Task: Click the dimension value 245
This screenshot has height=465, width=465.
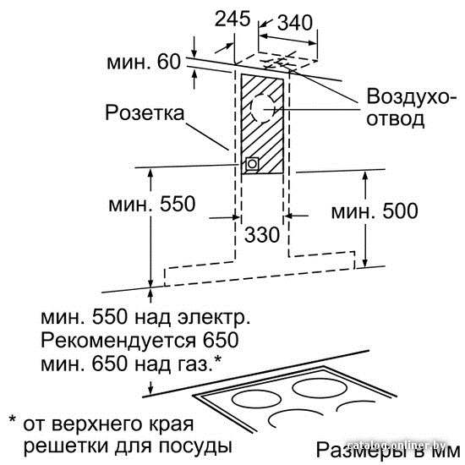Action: point(232,19)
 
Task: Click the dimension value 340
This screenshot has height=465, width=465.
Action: point(295,22)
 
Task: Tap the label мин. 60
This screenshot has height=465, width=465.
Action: point(144,62)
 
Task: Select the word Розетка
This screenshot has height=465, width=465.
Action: point(145,113)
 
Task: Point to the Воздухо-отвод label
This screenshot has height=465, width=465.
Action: point(408,107)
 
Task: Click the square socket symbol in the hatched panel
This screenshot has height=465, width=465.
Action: point(252,163)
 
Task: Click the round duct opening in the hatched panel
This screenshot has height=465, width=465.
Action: point(262,109)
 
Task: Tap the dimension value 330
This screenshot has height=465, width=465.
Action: point(262,234)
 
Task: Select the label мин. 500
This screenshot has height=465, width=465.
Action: point(375,211)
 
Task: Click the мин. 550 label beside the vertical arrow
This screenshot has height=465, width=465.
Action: point(152,204)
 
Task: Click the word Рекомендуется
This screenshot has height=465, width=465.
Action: point(118,340)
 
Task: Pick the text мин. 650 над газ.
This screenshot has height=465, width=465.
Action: point(131,364)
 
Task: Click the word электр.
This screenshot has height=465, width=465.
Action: point(214,317)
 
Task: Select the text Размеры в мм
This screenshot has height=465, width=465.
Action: point(388,451)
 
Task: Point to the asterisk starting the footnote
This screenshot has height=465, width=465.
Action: point(13,419)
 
